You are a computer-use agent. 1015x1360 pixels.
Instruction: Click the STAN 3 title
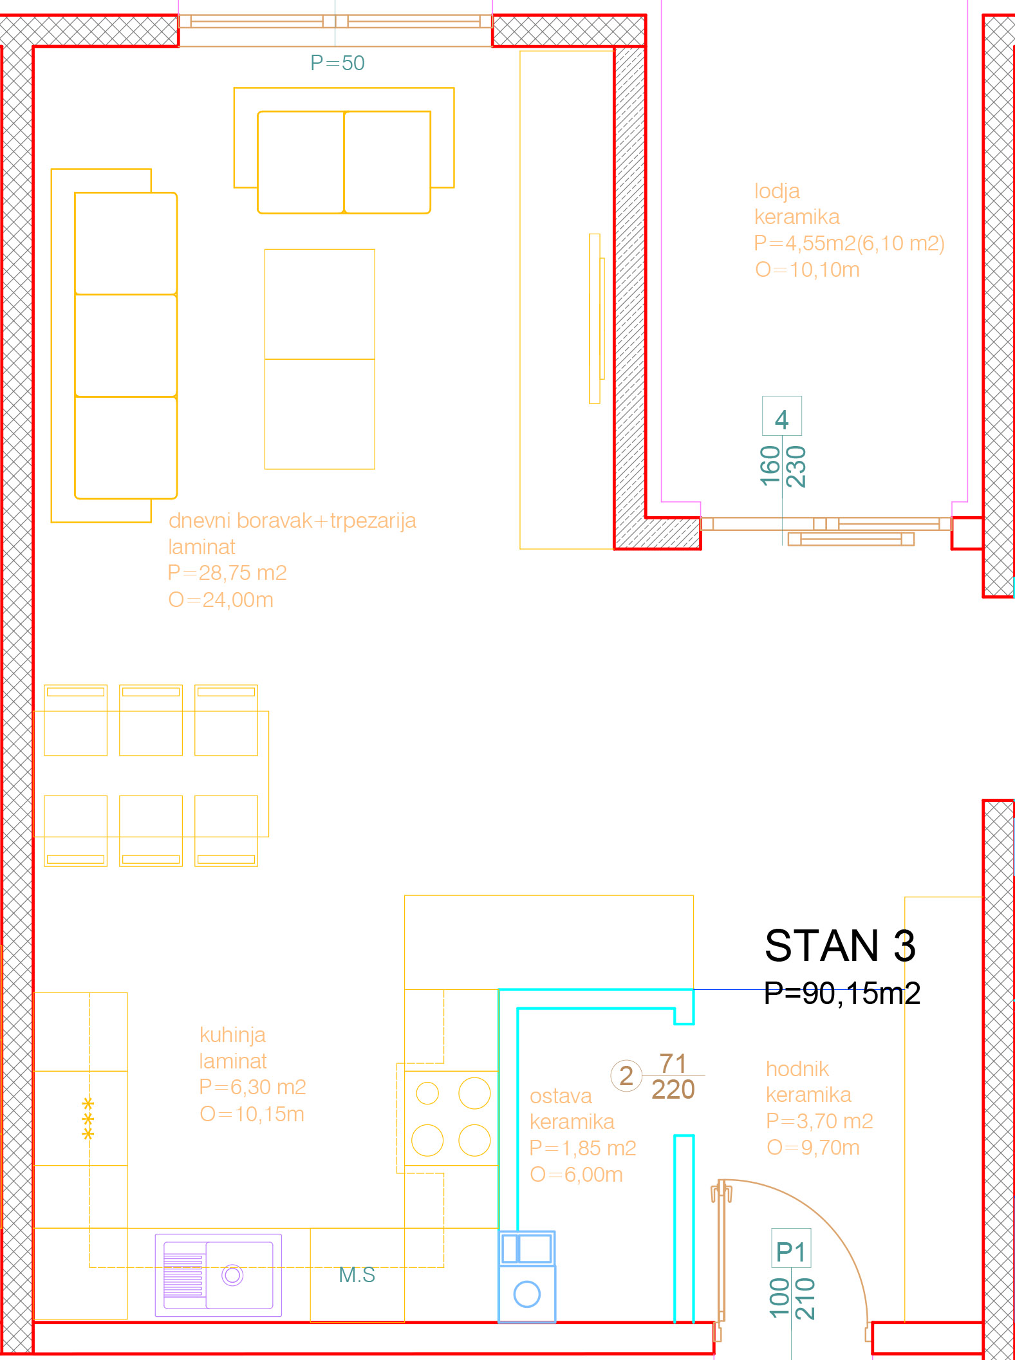pos(840,945)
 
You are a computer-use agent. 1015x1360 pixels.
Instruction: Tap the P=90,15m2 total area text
pos(842,993)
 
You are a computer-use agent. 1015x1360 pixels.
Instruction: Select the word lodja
pos(777,191)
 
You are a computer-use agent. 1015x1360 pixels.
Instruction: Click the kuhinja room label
pos(232,1035)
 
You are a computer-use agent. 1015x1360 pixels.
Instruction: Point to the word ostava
pos(561,1095)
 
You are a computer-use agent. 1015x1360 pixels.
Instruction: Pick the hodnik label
pos(797,1068)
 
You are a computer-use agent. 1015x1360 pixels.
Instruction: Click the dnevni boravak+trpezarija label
pos(292,520)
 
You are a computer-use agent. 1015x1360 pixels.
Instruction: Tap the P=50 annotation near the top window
pos(337,63)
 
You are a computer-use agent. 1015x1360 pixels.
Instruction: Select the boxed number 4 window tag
pos(781,416)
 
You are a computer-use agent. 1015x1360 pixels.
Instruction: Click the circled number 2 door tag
pos(626,1076)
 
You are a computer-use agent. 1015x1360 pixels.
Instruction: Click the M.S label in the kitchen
pos(357,1274)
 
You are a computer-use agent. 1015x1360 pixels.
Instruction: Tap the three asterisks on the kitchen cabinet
pos(88,1119)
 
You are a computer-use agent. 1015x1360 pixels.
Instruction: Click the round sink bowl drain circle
pos(232,1274)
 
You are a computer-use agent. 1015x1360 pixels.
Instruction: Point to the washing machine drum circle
pos(526,1294)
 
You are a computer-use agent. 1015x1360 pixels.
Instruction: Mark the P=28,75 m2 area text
pos(227,573)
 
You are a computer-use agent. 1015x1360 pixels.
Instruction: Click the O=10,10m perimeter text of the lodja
pos(807,270)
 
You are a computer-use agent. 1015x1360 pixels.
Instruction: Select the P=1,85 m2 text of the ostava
pos(582,1148)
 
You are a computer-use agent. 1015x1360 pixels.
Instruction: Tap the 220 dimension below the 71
pos(673,1090)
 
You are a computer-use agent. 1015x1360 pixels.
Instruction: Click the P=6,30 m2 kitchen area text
pos(252,1086)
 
